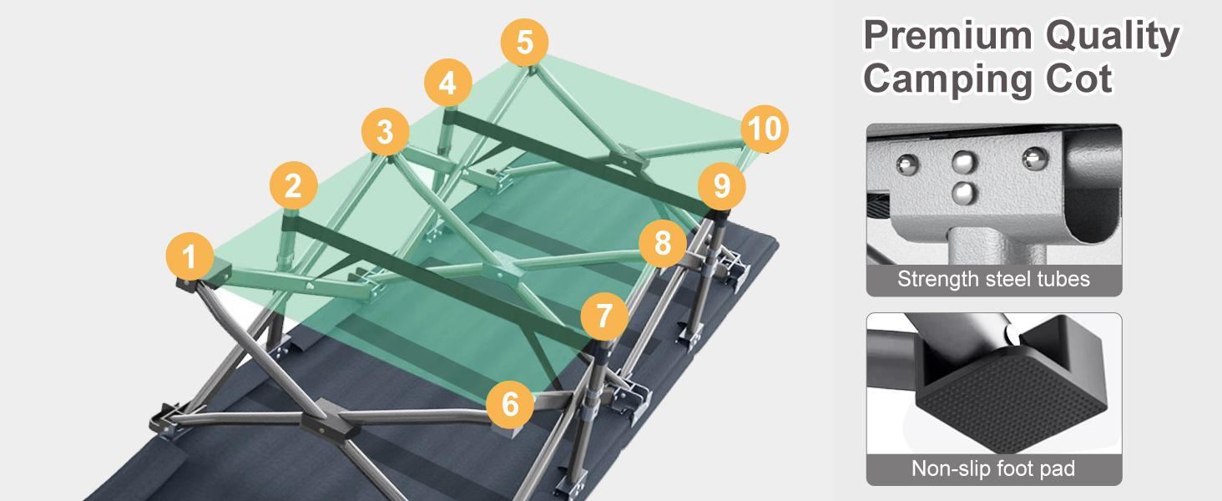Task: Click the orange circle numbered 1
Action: point(189,256)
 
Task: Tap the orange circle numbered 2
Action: point(293,185)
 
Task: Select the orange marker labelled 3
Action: point(385,132)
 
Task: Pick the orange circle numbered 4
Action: point(448,83)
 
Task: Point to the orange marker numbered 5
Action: point(524,42)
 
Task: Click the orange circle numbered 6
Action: point(510,404)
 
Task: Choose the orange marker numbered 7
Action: point(604,316)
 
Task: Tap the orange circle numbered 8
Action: point(662,243)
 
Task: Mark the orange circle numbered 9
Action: point(722,186)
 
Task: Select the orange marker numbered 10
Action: point(765,129)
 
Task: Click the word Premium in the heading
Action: point(947,35)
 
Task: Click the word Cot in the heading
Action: point(1078,79)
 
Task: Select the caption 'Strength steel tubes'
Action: point(993,280)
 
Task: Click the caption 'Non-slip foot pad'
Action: point(993,468)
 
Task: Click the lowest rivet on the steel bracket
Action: point(965,192)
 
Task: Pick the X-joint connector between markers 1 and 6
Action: point(325,420)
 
